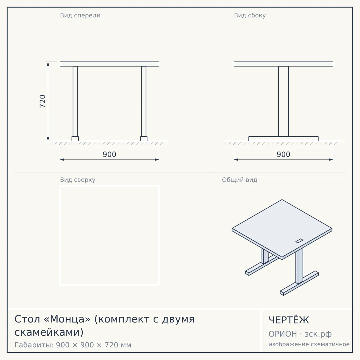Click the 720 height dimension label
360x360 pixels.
[x=43, y=101]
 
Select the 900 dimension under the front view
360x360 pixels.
[x=109, y=154]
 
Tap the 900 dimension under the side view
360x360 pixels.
[x=283, y=154]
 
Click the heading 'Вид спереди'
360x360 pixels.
[x=80, y=15]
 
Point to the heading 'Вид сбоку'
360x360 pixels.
[x=250, y=15]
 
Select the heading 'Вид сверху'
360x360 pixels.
[x=78, y=180]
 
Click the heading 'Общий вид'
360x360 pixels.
[x=239, y=180]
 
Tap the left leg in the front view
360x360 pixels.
[x=75, y=101]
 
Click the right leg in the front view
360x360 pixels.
[x=144, y=101]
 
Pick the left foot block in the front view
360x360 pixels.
[x=75, y=139]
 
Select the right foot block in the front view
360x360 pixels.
[x=144, y=139]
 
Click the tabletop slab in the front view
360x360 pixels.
[x=109, y=64]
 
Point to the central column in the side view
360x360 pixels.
[x=283, y=101]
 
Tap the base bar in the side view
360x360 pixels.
[x=283, y=139]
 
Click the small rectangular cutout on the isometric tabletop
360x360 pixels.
[x=299, y=241]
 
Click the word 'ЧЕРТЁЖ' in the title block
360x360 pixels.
[x=289, y=320]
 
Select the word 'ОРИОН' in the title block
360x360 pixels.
[x=283, y=334]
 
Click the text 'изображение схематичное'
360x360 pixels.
[x=309, y=344]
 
